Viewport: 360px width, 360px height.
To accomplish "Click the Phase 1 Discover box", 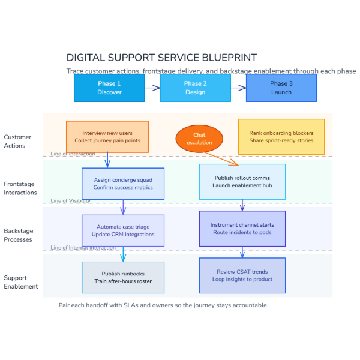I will pos(109,88).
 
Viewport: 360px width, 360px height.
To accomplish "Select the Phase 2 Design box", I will pos(195,88).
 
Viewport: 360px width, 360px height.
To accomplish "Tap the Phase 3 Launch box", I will pos(281,88).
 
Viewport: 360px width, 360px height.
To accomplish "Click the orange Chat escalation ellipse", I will pos(199,139).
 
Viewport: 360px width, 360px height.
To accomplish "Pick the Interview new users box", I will pos(107,136).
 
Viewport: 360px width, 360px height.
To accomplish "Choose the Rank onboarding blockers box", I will pos(281,136).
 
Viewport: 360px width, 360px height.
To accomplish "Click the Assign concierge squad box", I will pos(123,184).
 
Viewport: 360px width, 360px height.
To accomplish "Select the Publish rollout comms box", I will pos(242,182).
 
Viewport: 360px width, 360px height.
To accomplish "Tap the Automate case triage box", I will pos(123,230).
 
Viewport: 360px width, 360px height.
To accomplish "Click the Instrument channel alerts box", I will pos(242,229).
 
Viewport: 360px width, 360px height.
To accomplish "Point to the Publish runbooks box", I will pos(123,277).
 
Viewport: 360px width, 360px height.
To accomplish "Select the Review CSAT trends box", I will pos(242,275).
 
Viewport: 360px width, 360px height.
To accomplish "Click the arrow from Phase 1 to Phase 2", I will pos(152,88).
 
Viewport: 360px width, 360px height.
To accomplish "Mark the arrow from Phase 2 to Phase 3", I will pos(238,88).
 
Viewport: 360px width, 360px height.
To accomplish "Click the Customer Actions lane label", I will pos(17,141).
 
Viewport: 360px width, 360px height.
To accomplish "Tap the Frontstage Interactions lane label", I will pos(20,188).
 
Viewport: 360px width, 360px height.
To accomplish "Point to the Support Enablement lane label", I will pos(21,282).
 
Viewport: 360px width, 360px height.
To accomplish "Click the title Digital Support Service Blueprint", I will pos(161,58).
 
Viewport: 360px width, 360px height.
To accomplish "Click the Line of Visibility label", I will pos(71,201).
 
